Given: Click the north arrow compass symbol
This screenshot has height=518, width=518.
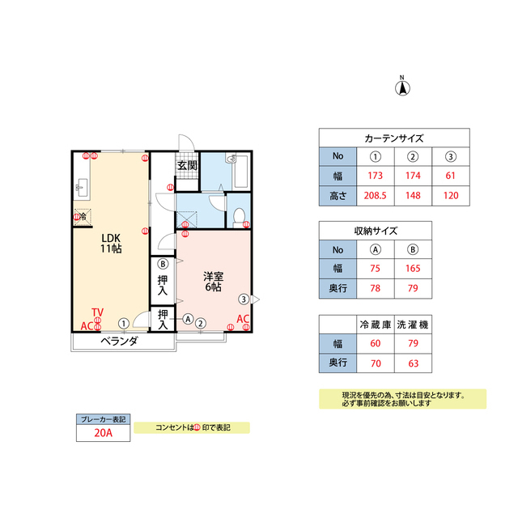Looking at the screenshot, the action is [402, 87].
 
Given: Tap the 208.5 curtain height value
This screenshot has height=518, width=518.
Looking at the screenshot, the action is [375, 196].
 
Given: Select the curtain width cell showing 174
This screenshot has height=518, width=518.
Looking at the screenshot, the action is [413, 176].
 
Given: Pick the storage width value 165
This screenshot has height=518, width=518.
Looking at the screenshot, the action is [413, 268].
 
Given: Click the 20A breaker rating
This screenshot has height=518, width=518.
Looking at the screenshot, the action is [103, 433].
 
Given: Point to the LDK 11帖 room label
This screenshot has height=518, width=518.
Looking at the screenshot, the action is [111, 243].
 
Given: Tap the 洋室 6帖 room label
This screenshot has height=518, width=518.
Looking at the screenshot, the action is [214, 282].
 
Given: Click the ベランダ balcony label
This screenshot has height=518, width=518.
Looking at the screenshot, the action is [119, 341].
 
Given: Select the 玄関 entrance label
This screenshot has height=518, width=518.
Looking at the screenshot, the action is [187, 165].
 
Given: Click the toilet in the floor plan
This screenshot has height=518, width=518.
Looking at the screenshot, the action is [239, 217].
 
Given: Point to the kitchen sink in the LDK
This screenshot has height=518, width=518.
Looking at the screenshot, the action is [82, 188].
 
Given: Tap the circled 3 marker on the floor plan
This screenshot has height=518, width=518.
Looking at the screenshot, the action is [244, 299].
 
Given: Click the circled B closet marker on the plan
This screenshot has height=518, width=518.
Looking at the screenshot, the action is [163, 264].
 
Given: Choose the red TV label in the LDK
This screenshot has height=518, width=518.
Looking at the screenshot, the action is [97, 312].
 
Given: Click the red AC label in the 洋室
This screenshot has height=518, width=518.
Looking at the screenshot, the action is [243, 319].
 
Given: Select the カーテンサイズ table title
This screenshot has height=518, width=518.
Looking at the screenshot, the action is [394, 138].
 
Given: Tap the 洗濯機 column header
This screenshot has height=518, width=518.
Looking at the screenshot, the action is [413, 325].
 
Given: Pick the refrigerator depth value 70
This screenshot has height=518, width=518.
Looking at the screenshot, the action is [376, 363].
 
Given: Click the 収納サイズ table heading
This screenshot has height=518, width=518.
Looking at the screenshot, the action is [376, 231].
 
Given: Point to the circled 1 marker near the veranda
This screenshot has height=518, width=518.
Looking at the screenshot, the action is [124, 324].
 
